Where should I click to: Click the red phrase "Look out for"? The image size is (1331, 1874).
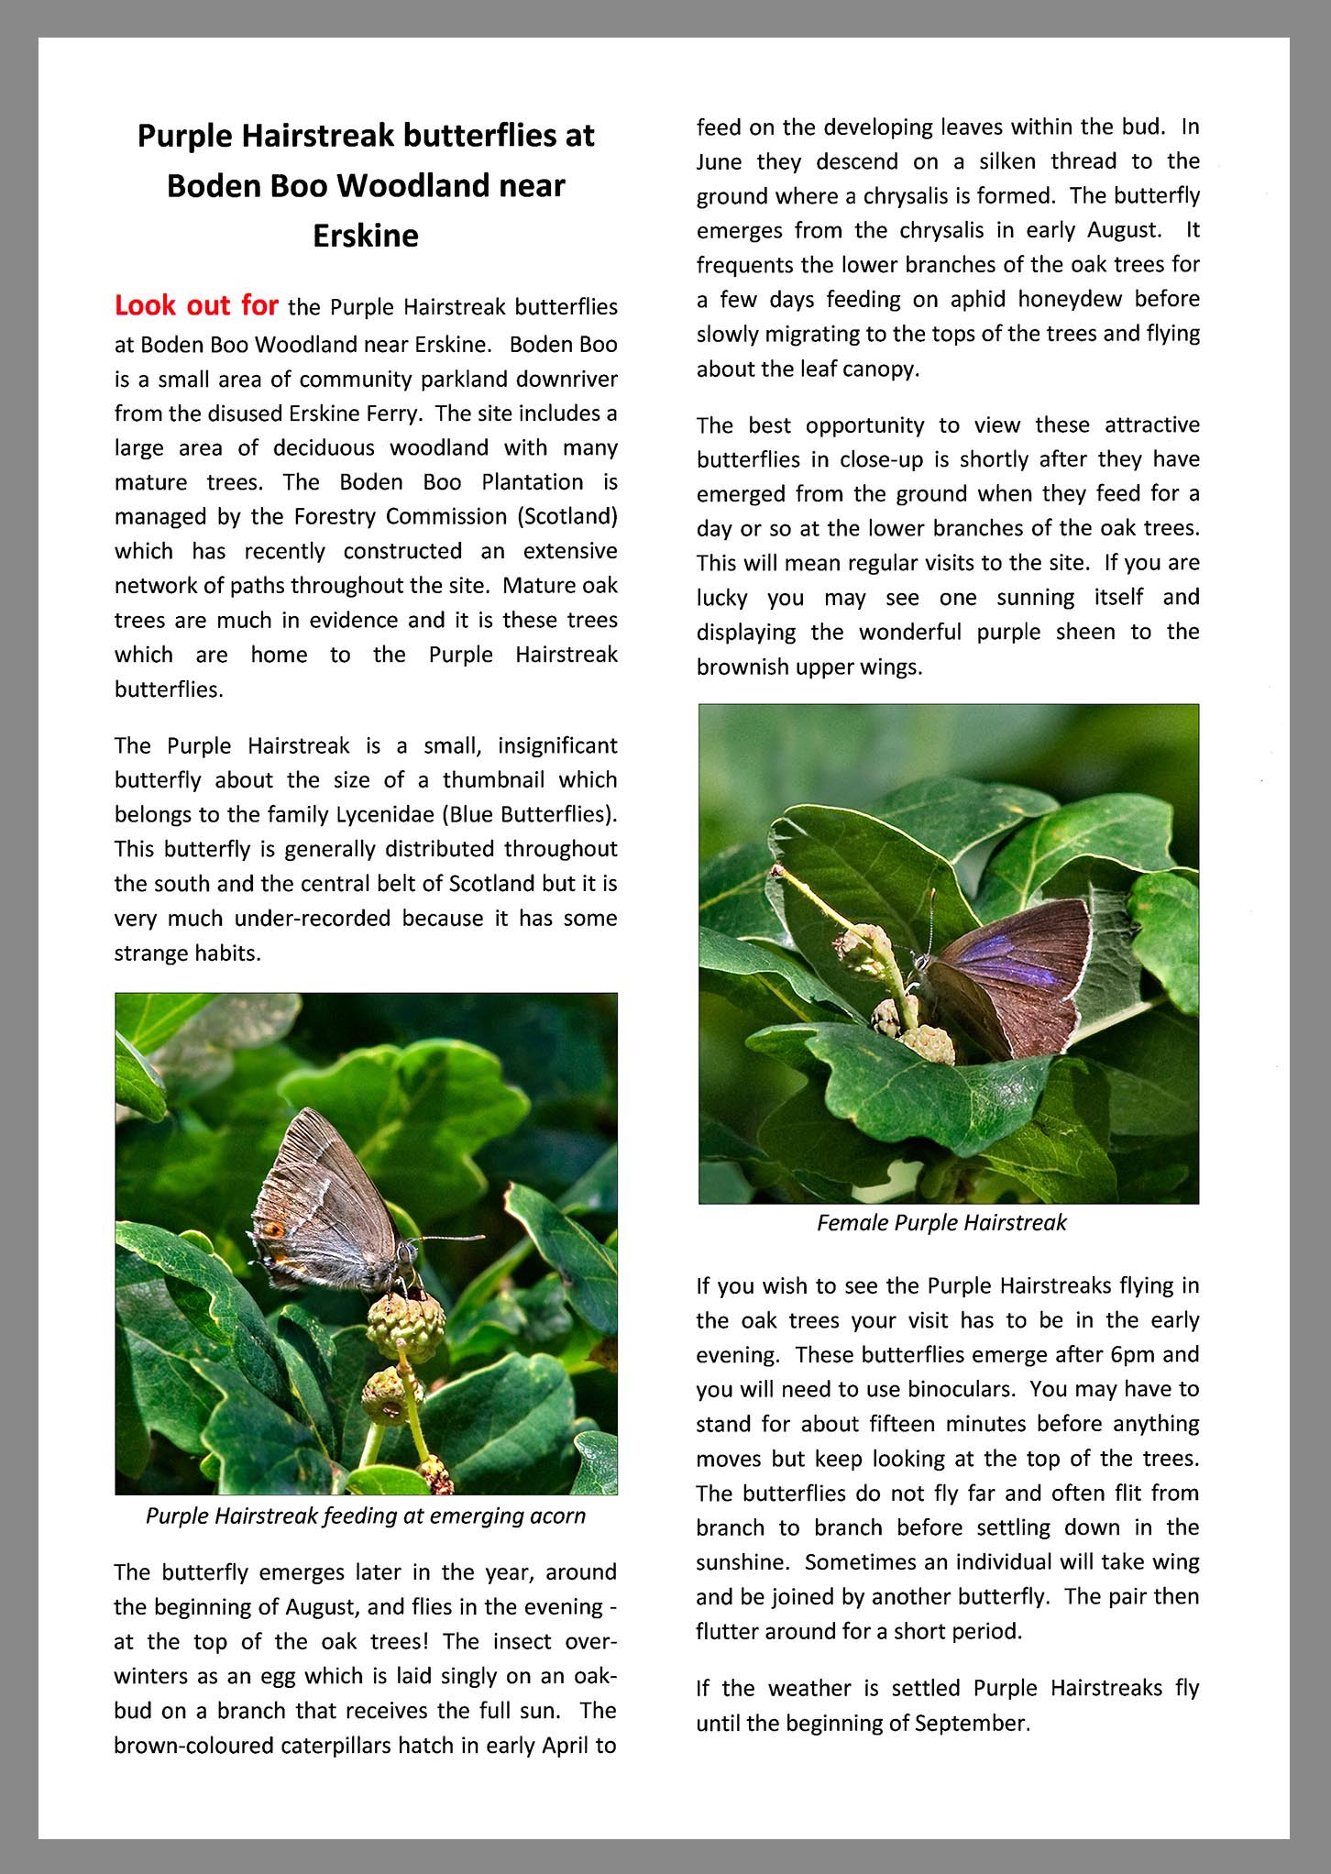coord(196,305)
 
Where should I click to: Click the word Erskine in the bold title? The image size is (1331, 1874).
coord(365,237)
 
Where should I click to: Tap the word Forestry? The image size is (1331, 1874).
coord(335,517)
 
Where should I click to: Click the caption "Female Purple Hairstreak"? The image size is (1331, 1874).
coord(941,1222)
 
